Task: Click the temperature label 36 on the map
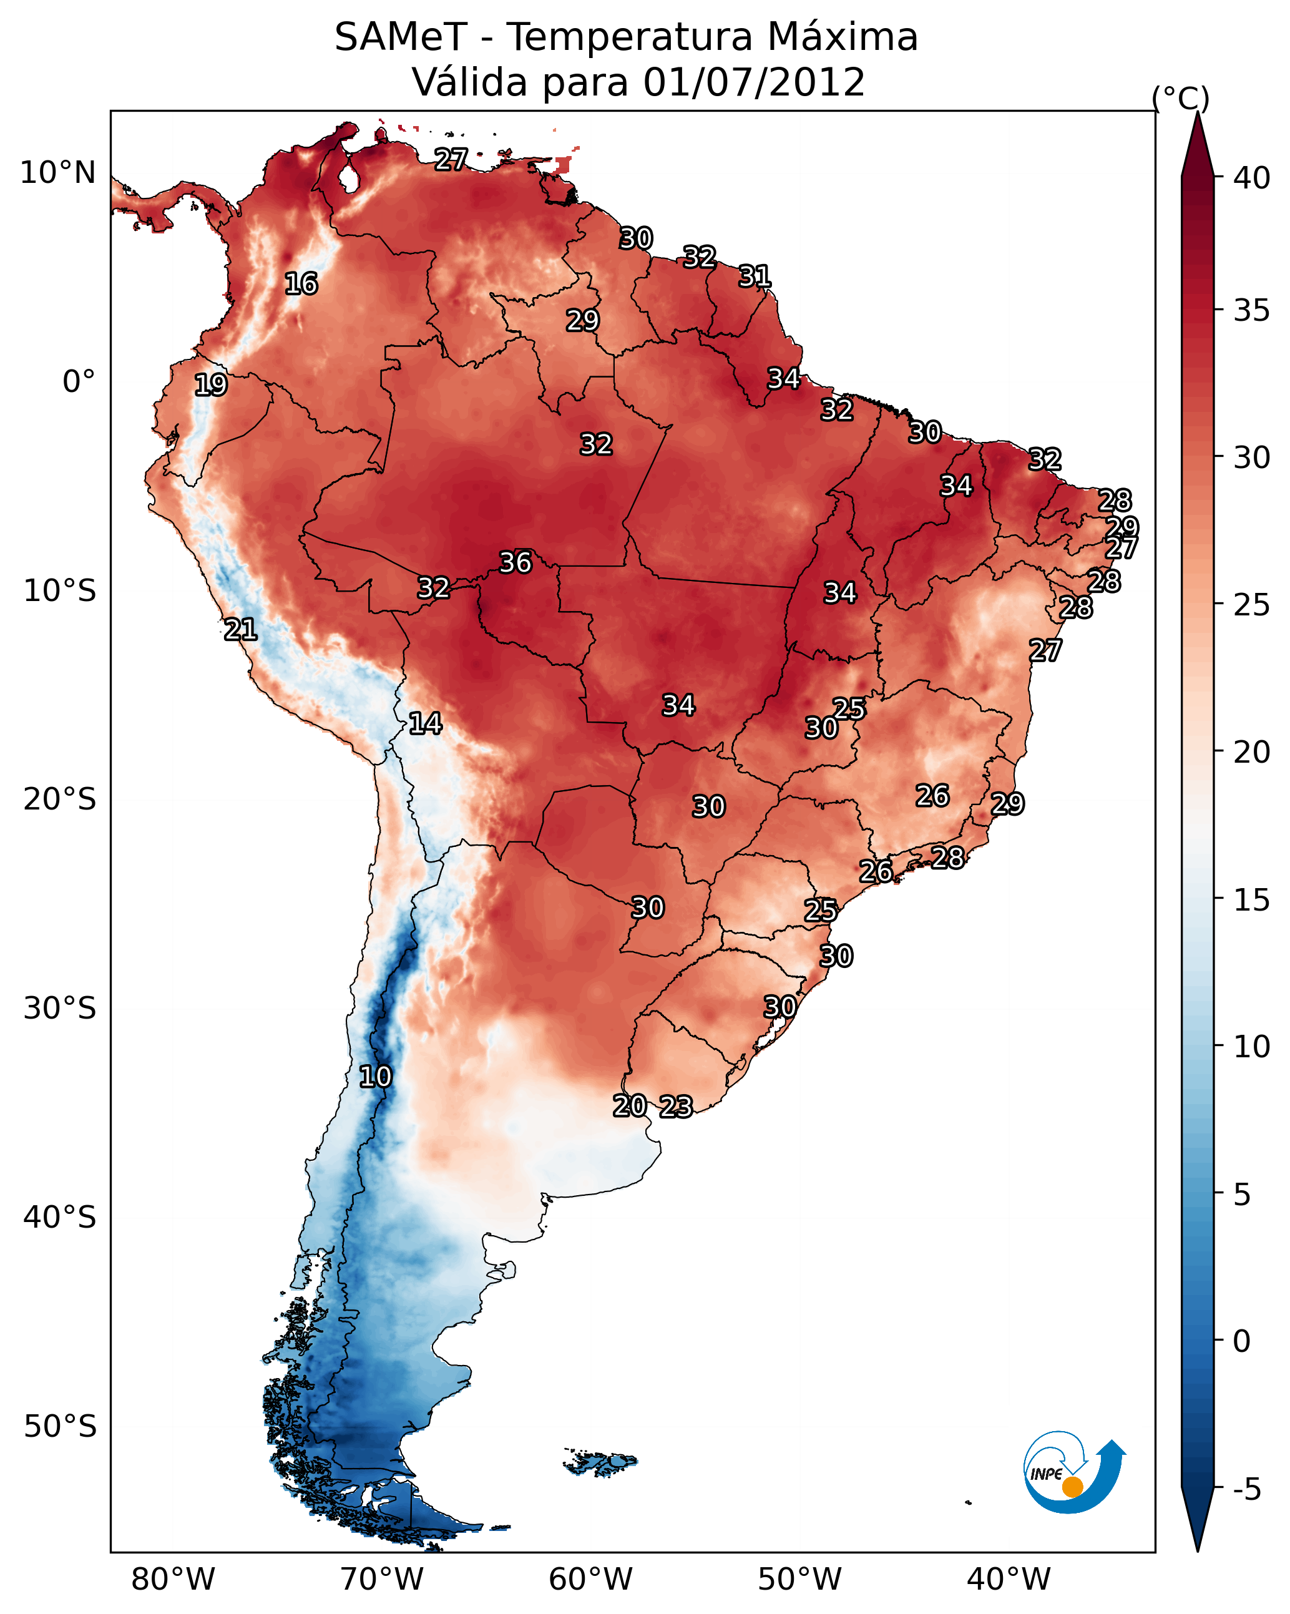[515, 562]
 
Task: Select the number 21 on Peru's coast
[240, 630]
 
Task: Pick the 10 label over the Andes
[375, 1077]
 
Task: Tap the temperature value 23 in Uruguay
[675, 1107]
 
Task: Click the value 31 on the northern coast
[755, 277]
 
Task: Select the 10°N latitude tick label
[57, 173]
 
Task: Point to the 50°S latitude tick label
[60, 1426]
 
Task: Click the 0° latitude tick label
[79, 382]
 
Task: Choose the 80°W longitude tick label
[173, 1579]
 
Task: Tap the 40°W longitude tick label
[1009, 1579]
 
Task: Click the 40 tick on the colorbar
[1252, 178]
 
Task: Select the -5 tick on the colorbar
[1246, 1490]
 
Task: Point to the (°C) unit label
[1181, 98]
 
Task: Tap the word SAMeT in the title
[400, 37]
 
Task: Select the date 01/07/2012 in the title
[754, 82]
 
